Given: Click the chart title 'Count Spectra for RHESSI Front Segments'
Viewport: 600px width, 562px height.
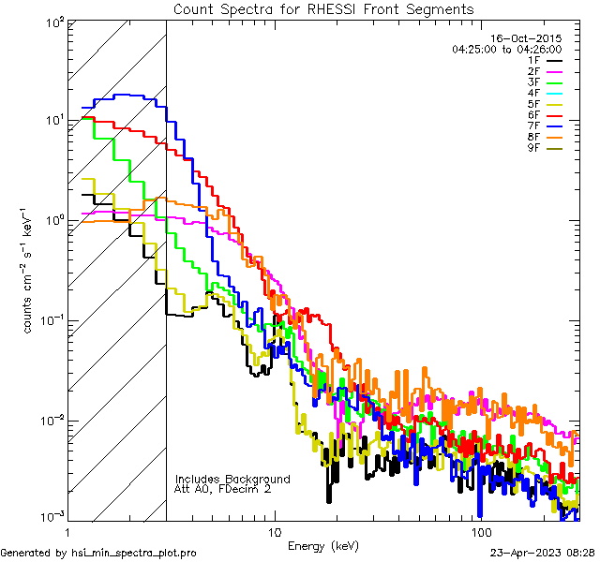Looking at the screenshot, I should [323, 8].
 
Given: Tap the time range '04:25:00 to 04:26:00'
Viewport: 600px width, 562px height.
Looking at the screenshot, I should [506, 49].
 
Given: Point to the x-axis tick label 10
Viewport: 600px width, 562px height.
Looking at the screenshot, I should [274, 531].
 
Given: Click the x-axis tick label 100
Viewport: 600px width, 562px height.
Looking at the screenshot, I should [481, 531].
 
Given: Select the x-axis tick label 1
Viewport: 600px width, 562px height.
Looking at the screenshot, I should [67, 531].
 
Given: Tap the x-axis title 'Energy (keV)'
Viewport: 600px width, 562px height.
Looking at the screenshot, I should [323, 545].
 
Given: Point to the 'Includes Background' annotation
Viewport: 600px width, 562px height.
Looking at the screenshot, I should [232, 479].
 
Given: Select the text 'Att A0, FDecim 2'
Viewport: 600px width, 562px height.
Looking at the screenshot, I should [222, 489].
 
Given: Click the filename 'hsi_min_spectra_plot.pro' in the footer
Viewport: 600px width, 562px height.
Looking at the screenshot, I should [134, 553].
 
